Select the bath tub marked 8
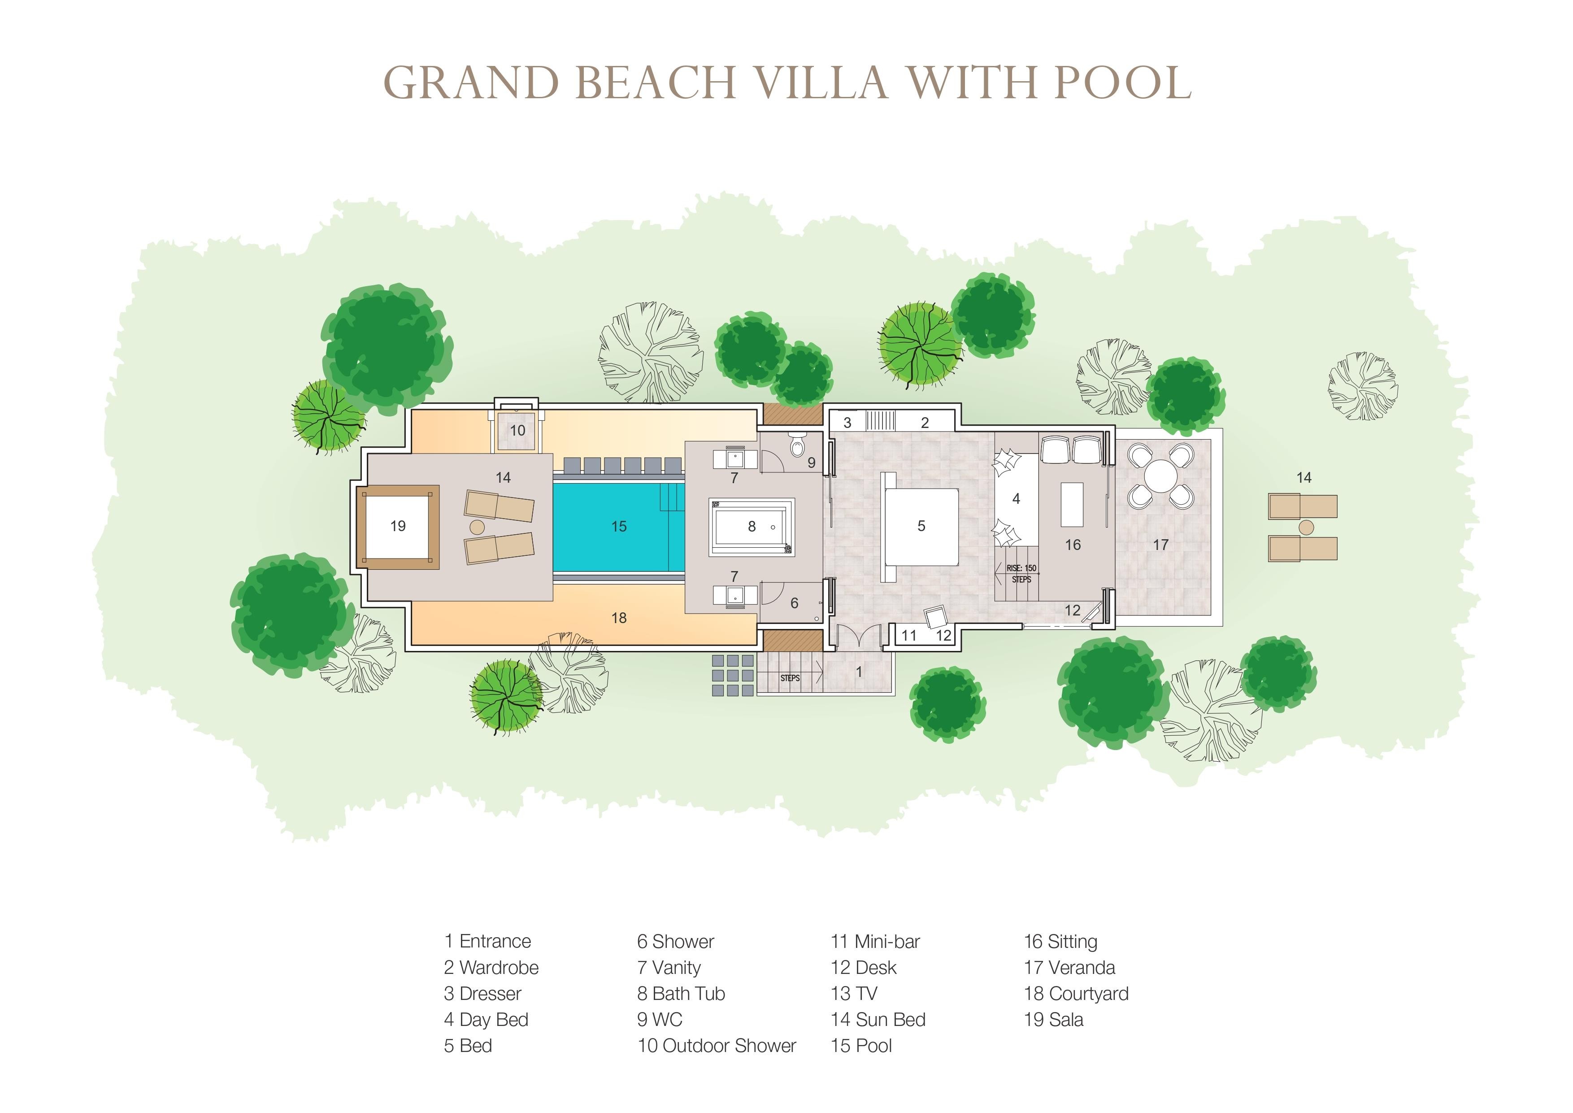[x=752, y=526]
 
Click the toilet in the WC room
[x=797, y=445]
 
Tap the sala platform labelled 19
[x=398, y=526]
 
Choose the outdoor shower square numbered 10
[x=517, y=430]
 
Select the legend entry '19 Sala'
[x=1054, y=1020]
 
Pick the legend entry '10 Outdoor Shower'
[x=717, y=1046]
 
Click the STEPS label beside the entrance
[x=790, y=678]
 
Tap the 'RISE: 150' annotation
[x=1021, y=568]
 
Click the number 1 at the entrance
[x=859, y=672]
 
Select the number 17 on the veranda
[x=1160, y=545]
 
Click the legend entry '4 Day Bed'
[x=487, y=1020]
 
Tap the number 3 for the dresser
[x=847, y=423]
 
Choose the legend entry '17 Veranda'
[x=1069, y=968]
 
